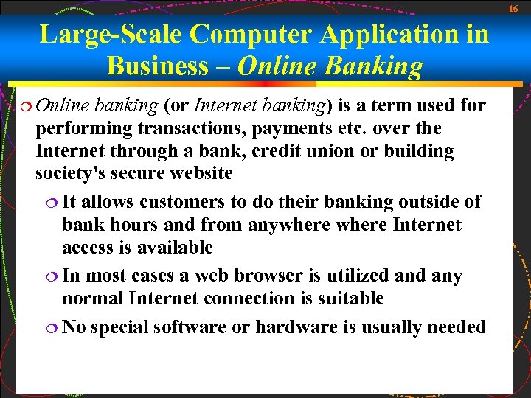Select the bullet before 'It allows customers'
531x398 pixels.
tap(54, 202)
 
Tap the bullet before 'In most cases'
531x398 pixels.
tap(54, 276)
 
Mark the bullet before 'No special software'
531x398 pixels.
tap(54, 327)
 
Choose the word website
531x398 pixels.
tap(200, 174)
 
